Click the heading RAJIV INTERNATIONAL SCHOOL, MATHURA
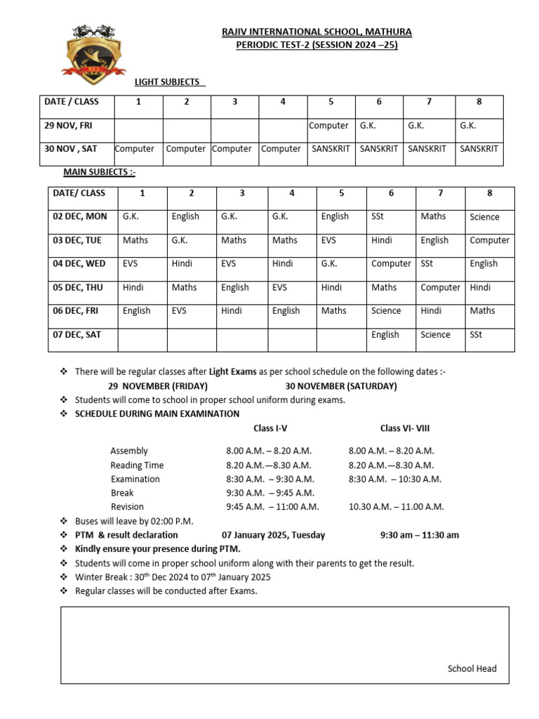click(317, 32)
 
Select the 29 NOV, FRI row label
click(69, 126)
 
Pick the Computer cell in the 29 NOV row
click(328, 126)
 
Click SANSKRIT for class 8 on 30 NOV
click(479, 149)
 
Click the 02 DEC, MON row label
click(80, 216)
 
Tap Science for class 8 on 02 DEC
click(484, 217)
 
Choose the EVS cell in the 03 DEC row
click(328, 240)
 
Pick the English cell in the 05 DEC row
click(234, 287)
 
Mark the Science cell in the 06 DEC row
click(386, 311)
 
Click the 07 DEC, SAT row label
click(77, 335)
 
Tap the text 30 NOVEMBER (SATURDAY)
click(340, 386)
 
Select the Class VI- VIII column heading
click(404, 428)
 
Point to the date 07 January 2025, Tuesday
click(273, 535)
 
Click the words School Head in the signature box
click(472, 668)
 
